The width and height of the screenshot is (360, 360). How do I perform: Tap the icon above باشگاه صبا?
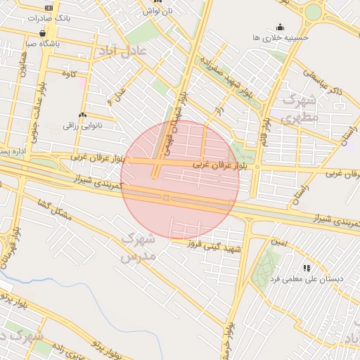click(x=44, y=32)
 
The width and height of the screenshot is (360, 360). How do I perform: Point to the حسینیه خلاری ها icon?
click(x=280, y=26)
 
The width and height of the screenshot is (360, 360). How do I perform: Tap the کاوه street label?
click(x=69, y=73)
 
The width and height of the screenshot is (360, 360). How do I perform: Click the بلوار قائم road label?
click(x=266, y=120)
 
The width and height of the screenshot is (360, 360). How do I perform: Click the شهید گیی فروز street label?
click(x=214, y=246)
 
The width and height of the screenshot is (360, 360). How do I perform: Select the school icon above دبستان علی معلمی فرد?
click(x=306, y=268)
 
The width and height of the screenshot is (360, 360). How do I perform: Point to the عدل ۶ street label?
click(x=117, y=94)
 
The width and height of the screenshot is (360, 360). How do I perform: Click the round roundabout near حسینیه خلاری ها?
click(x=311, y=13)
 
